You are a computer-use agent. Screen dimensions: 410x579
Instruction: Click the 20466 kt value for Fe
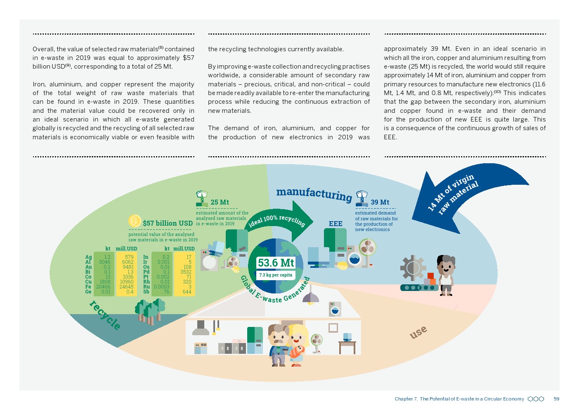point(103,287)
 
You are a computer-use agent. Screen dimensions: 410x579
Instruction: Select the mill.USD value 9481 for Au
point(128,267)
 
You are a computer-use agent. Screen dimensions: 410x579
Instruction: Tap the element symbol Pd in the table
point(146,272)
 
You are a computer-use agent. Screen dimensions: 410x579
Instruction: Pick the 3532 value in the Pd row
point(186,272)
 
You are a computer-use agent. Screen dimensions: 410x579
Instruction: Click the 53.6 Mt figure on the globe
point(276,263)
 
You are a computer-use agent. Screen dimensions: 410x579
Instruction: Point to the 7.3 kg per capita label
point(276,275)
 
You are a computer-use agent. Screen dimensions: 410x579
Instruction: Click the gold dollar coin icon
point(135,221)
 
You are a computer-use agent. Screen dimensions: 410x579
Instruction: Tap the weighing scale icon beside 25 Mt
point(202,198)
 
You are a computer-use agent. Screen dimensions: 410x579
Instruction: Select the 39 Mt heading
point(380,202)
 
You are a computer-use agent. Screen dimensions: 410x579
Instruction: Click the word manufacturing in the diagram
point(314,193)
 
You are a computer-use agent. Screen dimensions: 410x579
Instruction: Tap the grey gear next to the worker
point(412,268)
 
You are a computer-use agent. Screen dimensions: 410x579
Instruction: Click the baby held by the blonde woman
point(297,351)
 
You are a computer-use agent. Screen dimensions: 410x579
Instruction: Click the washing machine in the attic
point(335,309)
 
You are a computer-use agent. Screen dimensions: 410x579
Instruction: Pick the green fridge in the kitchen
point(255,340)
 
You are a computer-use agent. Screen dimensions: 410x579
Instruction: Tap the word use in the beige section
point(418,332)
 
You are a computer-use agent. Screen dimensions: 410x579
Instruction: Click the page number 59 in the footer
point(556,399)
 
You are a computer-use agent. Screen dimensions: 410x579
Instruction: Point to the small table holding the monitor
point(347,346)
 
